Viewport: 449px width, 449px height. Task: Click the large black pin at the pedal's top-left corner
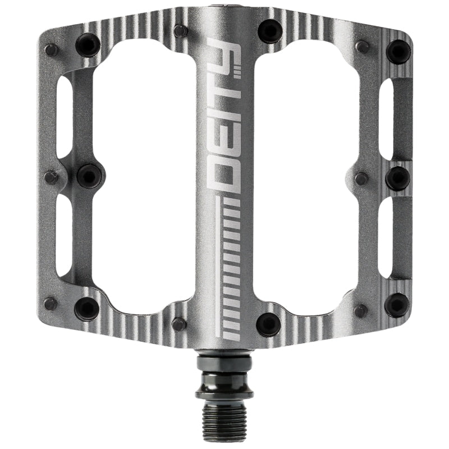[88, 44]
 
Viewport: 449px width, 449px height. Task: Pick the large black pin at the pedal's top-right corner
[398, 51]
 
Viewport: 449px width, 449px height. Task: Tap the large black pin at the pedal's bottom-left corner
[87, 308]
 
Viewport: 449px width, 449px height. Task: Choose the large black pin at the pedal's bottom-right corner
[397, 305]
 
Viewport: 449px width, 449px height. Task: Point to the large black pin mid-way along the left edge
[90, 176]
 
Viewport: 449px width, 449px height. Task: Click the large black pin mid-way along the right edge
[398, 177]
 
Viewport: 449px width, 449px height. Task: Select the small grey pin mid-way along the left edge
[51, 177]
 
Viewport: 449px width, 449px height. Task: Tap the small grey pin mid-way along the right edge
[361, 179]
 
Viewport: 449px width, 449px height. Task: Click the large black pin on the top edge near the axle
[269, 30]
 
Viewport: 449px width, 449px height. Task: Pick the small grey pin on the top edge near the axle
[180, 31]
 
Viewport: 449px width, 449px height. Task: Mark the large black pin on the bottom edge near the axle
[268, 324]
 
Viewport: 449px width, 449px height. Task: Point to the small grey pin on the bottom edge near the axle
[179, 323]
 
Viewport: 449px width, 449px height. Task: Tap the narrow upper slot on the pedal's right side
[387, 118]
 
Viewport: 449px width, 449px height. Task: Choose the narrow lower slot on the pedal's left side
[64, 236]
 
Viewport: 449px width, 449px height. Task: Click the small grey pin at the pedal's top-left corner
[51, 49]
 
